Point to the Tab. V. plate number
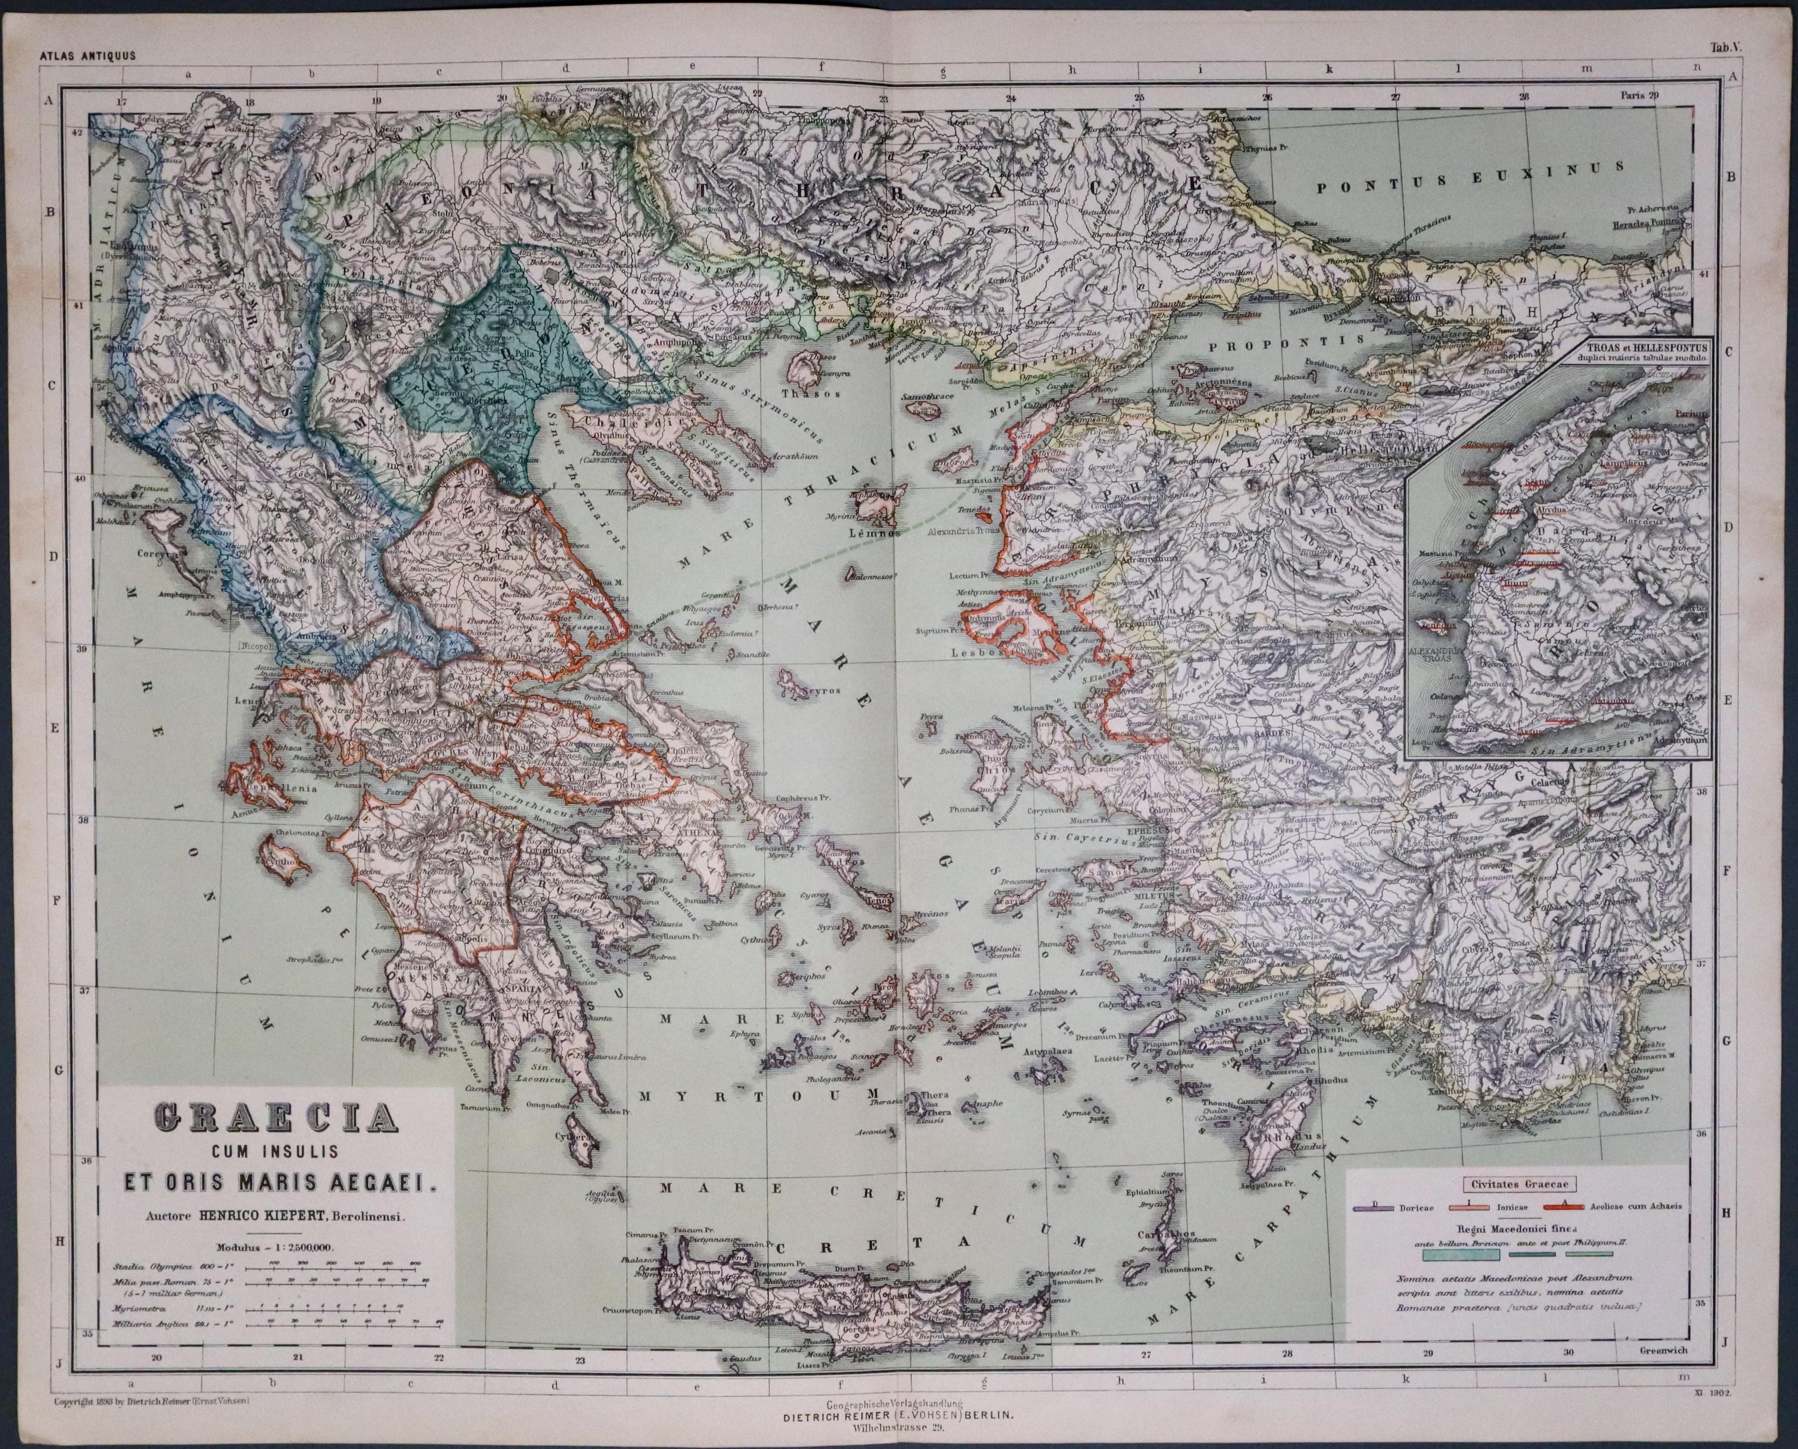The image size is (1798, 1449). pos(1741,72)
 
